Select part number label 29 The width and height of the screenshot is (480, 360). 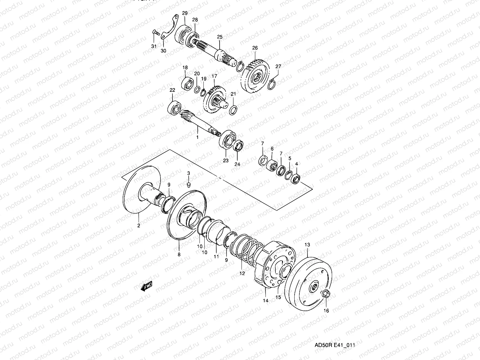[x=184, y=13]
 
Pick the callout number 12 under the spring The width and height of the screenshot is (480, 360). [x=242, y=273]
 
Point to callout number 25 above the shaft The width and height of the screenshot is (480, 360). [x=220, y=37]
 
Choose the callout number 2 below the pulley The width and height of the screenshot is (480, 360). [x=139, y=226]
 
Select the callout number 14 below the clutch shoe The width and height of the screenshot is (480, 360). [x=265, y=300]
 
